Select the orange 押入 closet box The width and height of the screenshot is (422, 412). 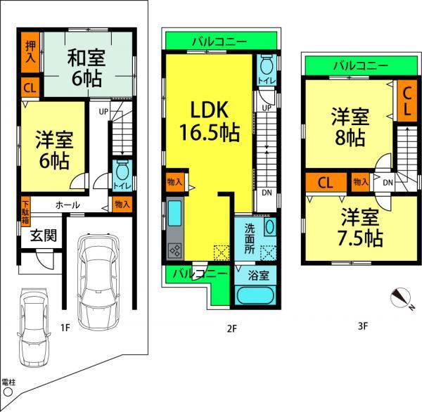tap(30, 51)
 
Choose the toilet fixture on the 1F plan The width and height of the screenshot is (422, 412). tap(121, 172)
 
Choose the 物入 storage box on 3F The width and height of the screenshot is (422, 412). tap(360, 182)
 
